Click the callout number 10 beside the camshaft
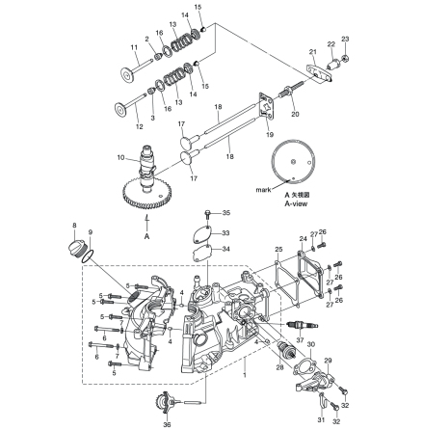click(119, 156)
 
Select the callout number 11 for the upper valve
click(134, 47)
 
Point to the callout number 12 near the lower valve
click(137, 126)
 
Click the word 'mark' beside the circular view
click(260, 190)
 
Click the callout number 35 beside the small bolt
click(225, 212)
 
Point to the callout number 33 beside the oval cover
click(225, 231)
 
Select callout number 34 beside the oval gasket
click(225, 248)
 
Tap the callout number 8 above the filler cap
click(74, 225)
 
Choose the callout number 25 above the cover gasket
click(277, 249)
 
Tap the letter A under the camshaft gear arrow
click(146, 234)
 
